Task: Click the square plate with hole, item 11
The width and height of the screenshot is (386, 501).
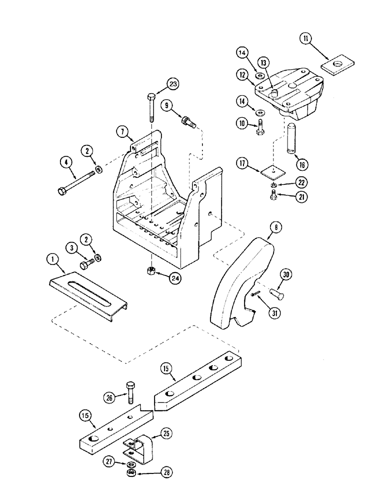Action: [336, 65]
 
